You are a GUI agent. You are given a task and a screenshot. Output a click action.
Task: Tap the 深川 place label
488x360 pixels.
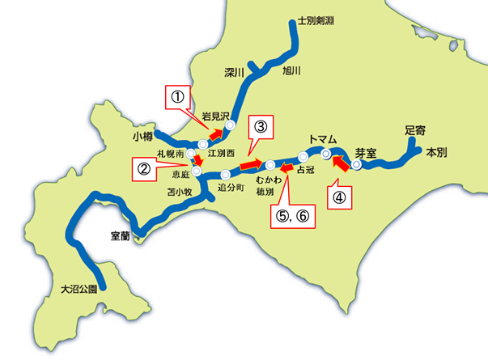click(234, 73)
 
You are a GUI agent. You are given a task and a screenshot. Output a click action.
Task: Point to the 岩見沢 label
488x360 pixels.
click(216, 116)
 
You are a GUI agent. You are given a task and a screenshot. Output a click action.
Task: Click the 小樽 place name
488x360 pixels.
click(142, 138)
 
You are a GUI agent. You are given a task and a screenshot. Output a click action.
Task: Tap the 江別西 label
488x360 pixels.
click(220, 152)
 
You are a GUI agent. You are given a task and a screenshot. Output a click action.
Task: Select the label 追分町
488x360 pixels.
click(232, 187)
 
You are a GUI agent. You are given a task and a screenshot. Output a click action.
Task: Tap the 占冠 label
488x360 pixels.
click(305, 170)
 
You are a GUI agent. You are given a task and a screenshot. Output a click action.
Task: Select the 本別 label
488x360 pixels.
click(436, 151)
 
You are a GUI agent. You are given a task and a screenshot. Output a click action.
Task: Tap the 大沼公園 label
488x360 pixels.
click(79, 288)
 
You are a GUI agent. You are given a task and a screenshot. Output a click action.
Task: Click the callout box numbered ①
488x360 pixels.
click(176, 99)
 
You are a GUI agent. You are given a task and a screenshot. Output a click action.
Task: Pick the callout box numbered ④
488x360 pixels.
click(340, 197)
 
